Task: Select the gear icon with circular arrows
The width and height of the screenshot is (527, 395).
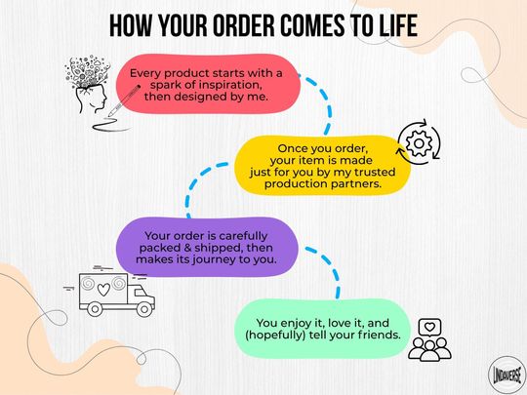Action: coord(419,142)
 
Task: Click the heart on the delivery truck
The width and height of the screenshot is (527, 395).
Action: coord(103,289)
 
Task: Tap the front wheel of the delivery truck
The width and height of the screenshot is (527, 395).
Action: coord(144,309)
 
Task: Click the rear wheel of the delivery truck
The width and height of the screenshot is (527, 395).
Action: coord(95,309)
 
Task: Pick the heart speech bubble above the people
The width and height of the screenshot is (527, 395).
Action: coord(429,328)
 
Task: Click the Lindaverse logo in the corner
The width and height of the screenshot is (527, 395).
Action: coord(507,375)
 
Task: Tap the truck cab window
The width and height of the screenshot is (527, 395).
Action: coord(139,293)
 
